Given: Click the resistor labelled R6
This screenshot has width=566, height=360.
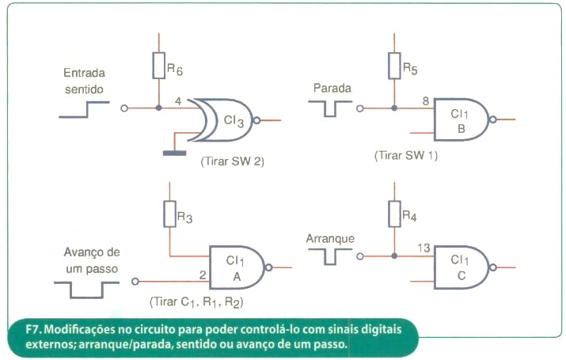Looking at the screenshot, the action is tap(159, 66).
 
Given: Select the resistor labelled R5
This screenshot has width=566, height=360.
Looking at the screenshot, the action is tap(394, 66).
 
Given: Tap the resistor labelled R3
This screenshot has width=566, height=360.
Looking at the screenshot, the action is tap(169, 214).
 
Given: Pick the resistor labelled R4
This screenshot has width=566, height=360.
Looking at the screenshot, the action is tap(394, 214).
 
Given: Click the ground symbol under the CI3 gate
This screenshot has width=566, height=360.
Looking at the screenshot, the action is tap(175, 153).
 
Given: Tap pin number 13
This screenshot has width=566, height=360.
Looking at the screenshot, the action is tap(424, 248).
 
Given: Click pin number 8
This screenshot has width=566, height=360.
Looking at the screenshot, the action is tap(426, 101).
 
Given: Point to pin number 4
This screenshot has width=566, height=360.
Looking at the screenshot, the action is tap(178, 101).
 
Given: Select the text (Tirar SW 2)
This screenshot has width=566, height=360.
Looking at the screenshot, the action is tap(233, 161).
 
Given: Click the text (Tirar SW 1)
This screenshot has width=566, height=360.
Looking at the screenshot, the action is tap(406, 156).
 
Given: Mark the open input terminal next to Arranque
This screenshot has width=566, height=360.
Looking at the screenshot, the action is tap(360, 256).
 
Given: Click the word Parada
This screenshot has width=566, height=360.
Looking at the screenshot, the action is tap(332, 88).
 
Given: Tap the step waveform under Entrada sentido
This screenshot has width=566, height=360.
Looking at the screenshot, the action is tap(84, 110).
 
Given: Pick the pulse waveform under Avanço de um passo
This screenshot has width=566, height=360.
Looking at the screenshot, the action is tap(86, 290).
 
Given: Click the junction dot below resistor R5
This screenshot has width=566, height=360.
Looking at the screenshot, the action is tap(394, 108).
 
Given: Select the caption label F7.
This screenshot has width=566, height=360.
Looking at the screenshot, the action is tap(34, 329).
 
